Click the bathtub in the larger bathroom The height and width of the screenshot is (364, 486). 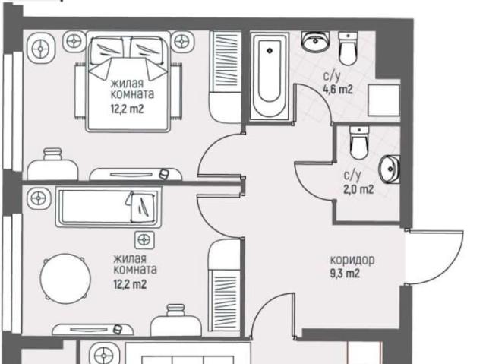tap(270, 76)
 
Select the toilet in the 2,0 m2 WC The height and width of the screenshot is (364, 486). tap(359, 143)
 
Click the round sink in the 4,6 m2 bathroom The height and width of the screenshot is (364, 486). tap(315, 42)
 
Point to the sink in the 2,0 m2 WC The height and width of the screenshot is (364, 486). tap(390, 169)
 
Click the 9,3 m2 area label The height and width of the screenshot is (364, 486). tap(345, 274)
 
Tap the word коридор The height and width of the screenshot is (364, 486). tap(352, 260)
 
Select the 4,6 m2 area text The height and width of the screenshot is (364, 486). tap(338, 90)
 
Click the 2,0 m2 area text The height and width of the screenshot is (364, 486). tap(358, 188)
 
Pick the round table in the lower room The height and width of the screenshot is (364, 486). tap(65, 277)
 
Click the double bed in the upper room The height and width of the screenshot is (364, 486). tap(128, 81)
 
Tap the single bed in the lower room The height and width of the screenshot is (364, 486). tap(109, 207)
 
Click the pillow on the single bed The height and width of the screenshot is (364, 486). tap(143, 207)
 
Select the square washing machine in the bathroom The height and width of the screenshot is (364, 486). tap(383, 100)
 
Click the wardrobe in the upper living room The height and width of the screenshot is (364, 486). tap(226, 76)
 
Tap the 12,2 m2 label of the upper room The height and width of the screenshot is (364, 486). tap(128, 109)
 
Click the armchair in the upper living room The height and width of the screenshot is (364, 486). tap(52, 165)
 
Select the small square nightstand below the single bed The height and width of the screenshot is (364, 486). tap(144, 239)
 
